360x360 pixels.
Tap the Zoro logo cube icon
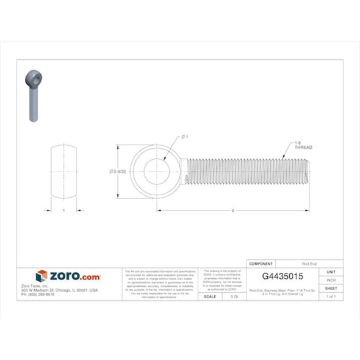click(x=41, y=276)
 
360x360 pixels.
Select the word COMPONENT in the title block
click(x=262, y=264)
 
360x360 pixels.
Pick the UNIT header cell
click(x=331, y=272)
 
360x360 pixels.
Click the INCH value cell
click(x=331, y=279)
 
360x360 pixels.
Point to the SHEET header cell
click(x=331, y=288)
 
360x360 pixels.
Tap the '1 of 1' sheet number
click(x=331, y=296)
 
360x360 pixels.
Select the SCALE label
click(x=210, y=296)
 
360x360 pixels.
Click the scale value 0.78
click(x=234, y=296)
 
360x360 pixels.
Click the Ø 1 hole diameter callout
click(x=184, y=137)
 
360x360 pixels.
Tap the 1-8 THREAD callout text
click(x=303, y=146)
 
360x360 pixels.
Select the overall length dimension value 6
click(x=234, y=211)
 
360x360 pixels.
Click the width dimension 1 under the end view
click(x=63, y=211)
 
